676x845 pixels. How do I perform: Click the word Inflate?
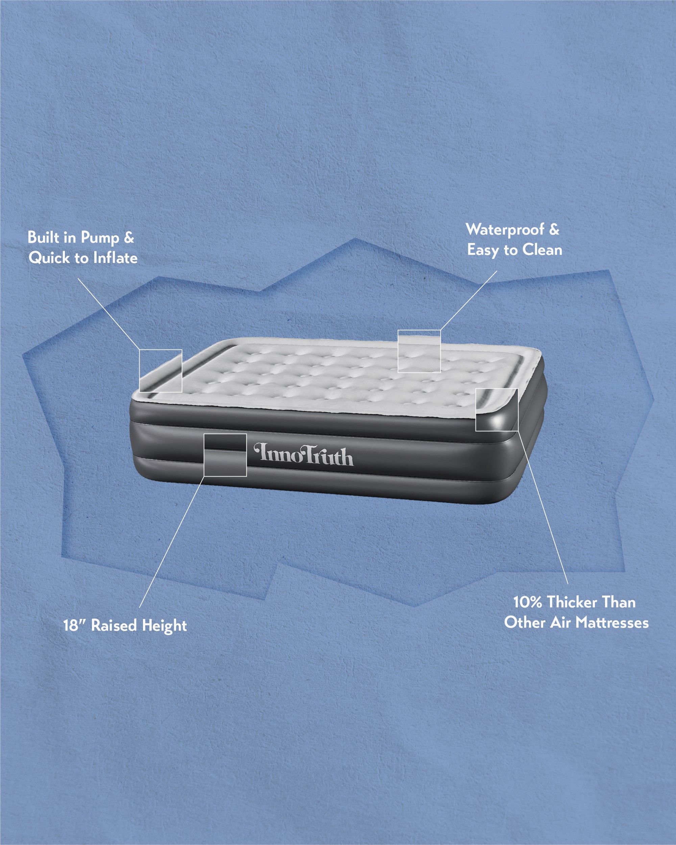[115, 258]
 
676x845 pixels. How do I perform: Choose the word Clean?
[542, 250]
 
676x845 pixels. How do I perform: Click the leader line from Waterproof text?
[469, 300]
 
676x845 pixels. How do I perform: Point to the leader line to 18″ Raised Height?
[172, 542]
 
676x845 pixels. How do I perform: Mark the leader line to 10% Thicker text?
[543, 508]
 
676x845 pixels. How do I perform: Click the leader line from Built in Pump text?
[108, 314]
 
